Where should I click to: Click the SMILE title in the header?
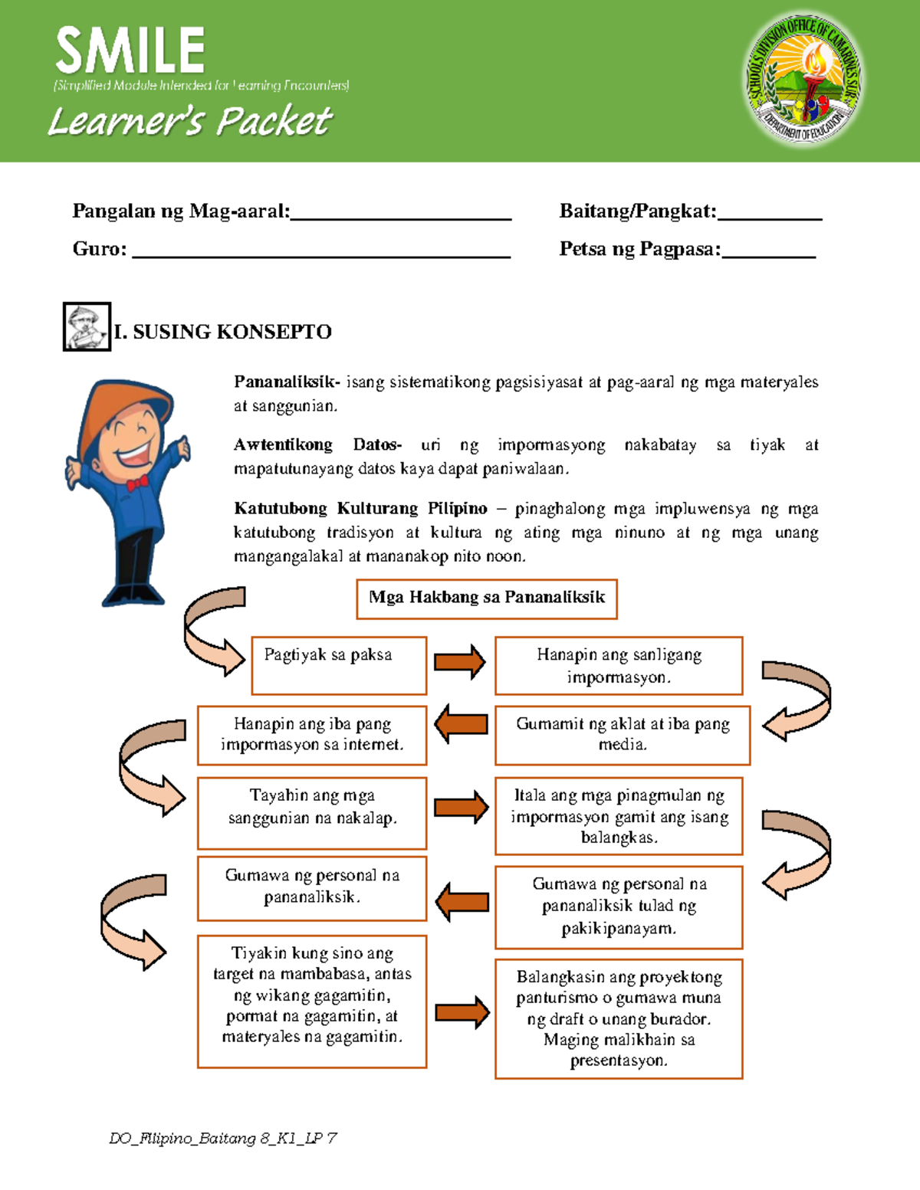point(130,51)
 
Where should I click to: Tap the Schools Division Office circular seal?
point(804,80)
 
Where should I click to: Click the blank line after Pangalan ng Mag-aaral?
point(401,215)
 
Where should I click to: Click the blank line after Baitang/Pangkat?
point(769,215)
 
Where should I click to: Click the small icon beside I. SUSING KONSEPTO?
point(87,327)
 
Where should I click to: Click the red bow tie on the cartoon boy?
point(137,484)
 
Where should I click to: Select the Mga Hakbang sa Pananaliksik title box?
point(487,598)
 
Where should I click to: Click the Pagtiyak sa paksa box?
point(339,665)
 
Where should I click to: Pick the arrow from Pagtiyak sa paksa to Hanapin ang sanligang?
point(460,662)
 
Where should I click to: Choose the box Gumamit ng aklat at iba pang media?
point(622,735)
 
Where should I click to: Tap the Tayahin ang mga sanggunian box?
point(312,813)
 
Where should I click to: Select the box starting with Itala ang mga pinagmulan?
point(619,816)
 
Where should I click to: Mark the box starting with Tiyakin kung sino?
point(312,1001)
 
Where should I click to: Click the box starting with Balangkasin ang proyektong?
point(619,1018)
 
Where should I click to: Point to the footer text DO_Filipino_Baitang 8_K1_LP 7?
point(223,1139)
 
